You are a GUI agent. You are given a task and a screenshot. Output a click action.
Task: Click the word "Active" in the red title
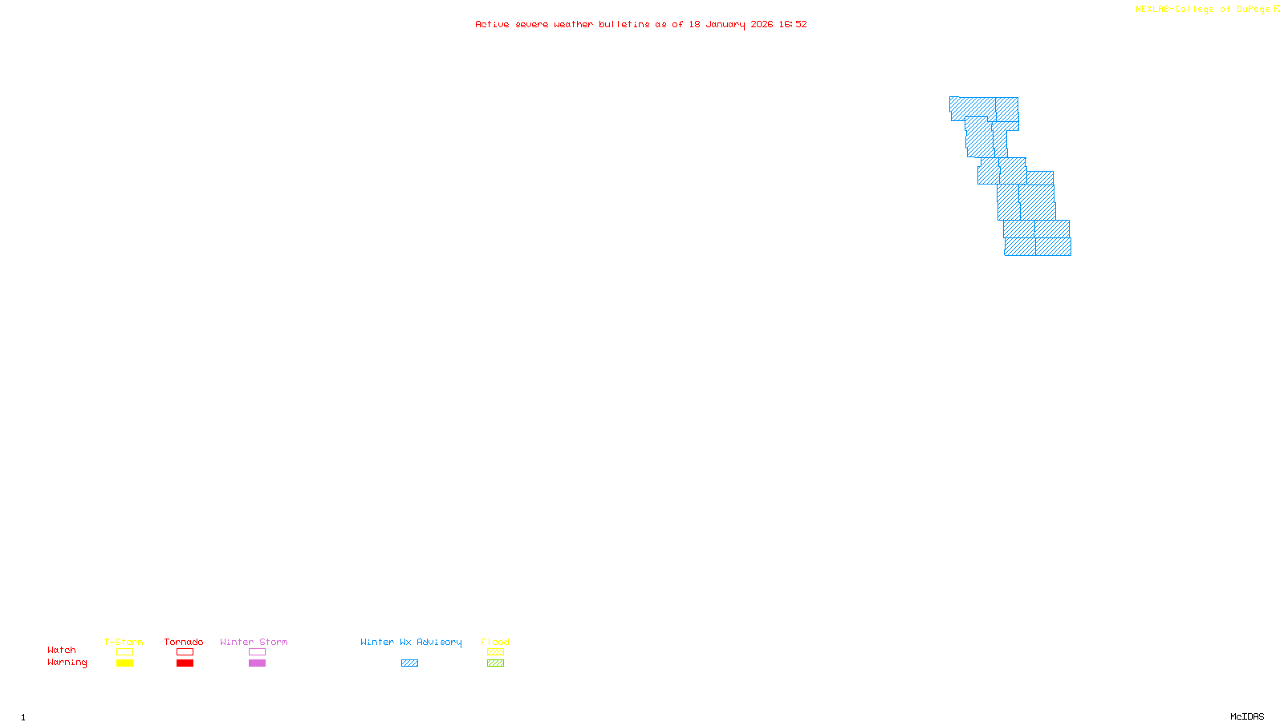(492, 24)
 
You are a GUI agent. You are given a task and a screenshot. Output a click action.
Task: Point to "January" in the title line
(725, 24)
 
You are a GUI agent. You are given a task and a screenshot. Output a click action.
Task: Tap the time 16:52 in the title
(793, 24)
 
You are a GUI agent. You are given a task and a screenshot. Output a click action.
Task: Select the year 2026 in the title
(762, 24)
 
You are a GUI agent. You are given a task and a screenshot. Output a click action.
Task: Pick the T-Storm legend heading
(124, 642)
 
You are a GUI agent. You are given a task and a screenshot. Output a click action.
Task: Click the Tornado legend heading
(184, 642)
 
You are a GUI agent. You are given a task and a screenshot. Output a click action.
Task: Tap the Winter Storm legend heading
(254, 642)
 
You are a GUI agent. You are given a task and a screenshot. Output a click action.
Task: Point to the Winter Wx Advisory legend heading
(411, 642)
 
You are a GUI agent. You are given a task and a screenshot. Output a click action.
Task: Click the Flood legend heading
(495, 642)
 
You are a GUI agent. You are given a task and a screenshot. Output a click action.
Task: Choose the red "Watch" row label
(62, 650)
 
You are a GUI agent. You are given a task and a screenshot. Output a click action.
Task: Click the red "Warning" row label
(67, 663)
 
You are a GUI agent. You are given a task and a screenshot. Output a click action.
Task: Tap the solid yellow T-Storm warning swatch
(124, 663)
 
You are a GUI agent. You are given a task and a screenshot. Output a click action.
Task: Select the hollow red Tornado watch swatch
(185, 652)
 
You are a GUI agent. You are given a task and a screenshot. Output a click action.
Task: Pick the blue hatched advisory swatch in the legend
(409, 663)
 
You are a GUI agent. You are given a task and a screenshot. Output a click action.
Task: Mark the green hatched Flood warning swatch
(495, 663)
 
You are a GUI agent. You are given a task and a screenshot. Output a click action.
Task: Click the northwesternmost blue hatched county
(972, 107)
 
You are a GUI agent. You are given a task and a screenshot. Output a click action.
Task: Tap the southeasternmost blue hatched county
(1053, 247)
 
